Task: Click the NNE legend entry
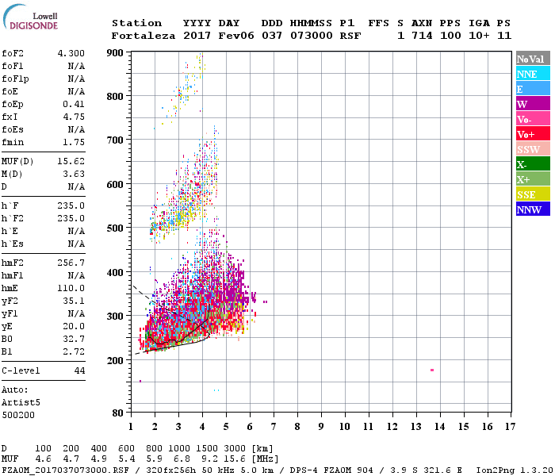click(x=533, y=74)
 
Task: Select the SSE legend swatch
click(x=533, y=194)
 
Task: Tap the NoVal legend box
click(x=533, y=59)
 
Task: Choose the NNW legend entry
click(x=533, y=209)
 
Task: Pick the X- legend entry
click(x=533, y=164)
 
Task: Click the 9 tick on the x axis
click(x=321, y=426)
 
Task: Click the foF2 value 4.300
click(x=71, y=53)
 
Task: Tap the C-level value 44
click(x=79, y=370)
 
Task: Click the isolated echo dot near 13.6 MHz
click(x=432, y=370)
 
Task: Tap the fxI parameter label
click(x=10, y=117)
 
